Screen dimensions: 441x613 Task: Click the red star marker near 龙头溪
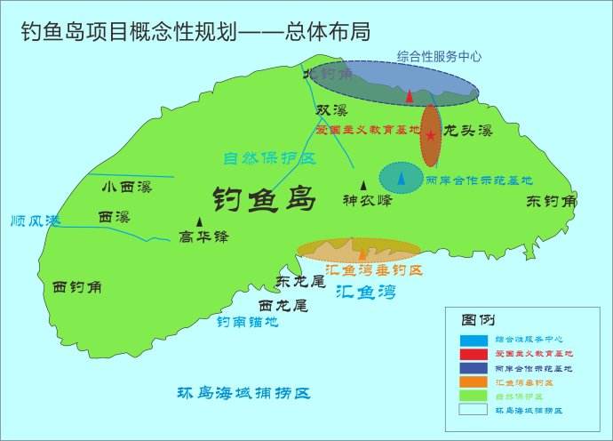coord(431,136)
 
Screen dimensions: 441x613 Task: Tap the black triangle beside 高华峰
coord(199,221)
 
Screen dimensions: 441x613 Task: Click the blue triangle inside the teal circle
coord(402,180)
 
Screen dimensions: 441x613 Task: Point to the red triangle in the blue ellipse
coord(409,95)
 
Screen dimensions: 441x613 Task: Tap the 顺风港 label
coord(30,220)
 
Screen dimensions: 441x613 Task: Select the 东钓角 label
coord(551,202)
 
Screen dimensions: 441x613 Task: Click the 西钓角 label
coord(77,287)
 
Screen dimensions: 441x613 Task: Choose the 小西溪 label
coord(126,187)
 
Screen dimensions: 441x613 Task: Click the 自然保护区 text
coord(269,159)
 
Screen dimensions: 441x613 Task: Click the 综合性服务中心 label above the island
coord(440,55)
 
